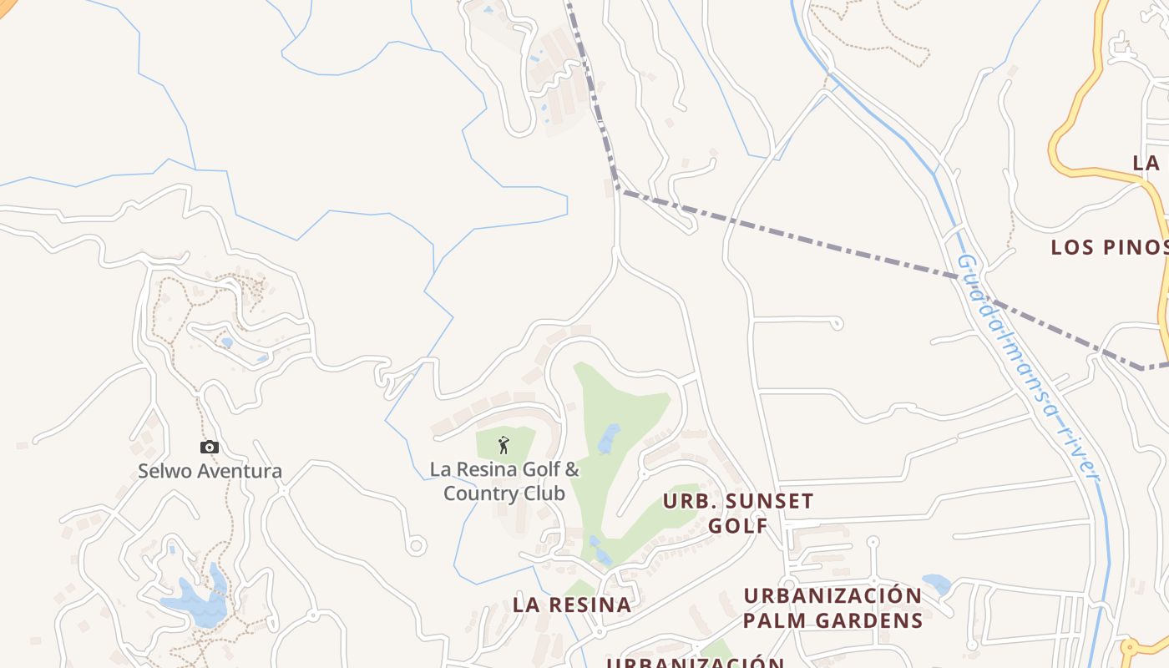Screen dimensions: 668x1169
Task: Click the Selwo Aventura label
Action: [x=210, y=471]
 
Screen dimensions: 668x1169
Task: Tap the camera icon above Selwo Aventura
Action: [x=210, y=448]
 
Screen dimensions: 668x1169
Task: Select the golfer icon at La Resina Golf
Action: [x=503, y=445]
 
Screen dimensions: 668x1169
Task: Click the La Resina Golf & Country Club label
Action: [x=504, y=481]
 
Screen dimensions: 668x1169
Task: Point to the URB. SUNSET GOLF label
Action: [x=738, y=513]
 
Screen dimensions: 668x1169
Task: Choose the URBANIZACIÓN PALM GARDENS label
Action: [x=832, y=608]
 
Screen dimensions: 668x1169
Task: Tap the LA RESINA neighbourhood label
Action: [x=572, y=605]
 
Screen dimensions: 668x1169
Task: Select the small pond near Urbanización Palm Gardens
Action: [x=936, y=583]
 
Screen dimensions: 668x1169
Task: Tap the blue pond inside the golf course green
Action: [x=610, y=438]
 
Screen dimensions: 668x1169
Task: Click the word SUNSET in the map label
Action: [x=763, y=501]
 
